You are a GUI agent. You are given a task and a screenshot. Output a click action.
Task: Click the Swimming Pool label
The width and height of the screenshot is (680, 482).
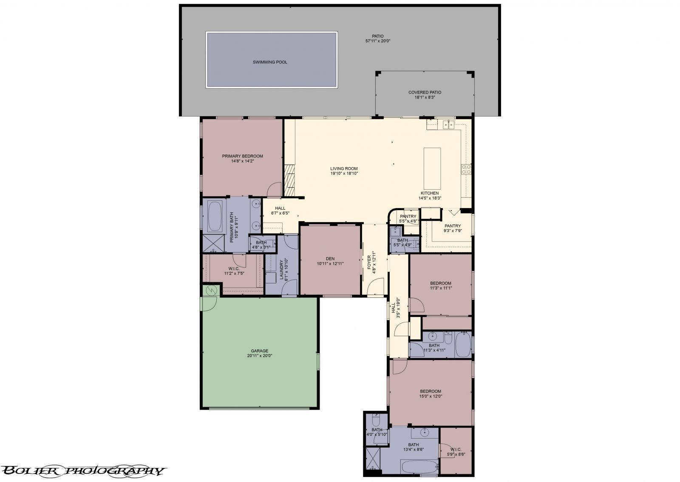click(x=270, y=62)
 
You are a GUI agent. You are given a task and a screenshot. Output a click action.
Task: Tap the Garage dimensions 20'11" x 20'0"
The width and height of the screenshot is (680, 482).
click(x=259, y=355)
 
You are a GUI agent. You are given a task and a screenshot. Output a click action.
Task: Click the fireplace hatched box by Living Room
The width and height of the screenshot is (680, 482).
click(x=289, y=180)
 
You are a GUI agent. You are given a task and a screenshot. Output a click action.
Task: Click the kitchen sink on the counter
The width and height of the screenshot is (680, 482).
click(x=448, y=124)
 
